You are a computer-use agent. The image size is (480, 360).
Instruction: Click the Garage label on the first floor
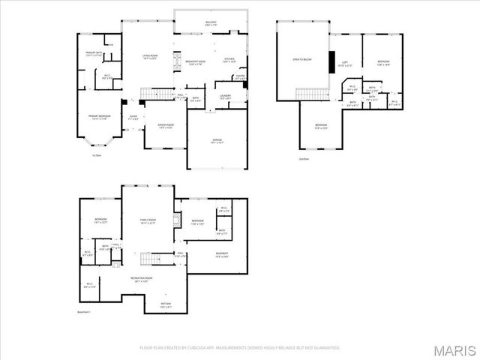(x=216, y=141)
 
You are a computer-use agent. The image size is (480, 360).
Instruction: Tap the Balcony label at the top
(x=211, y=23)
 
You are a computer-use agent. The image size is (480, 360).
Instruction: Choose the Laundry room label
(x=225, y=97)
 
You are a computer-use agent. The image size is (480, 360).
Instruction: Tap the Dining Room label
(x=166, y=126)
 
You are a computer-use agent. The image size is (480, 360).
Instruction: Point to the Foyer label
(x=133, y=117)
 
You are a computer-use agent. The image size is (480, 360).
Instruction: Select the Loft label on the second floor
(x=345, y=64)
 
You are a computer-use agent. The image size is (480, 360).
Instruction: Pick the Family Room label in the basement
(x=148, y=220)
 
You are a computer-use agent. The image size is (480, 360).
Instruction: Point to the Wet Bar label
(x=165, y=304)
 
